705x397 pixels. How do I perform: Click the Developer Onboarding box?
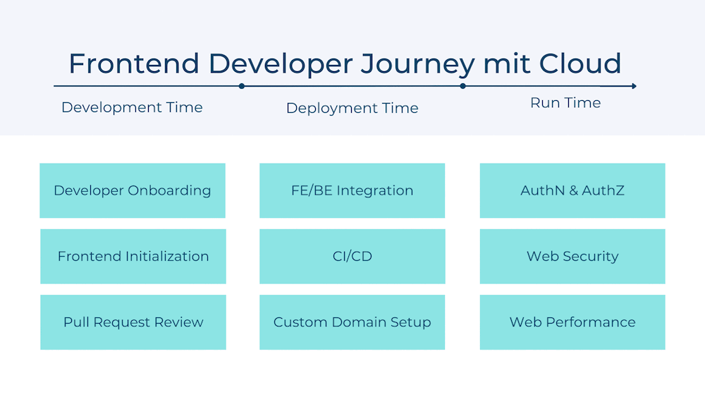pyautogui.click(x=133, y=190)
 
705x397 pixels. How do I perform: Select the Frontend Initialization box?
pyautogui.click(x=133, y=256)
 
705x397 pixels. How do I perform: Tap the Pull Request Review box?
pyautogui.click(x=133, y=322)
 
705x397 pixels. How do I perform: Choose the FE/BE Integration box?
pyautogui.click(x=352, y=190)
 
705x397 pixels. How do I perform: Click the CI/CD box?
pyautogui.click(x=352, y=256)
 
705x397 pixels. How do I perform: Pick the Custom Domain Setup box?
pyautogui.click(x=352, y=322)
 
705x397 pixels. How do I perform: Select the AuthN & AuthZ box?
pyautogui.click(x=572, y=190)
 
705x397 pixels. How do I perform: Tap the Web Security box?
pyautogui.click(x=572, y=256)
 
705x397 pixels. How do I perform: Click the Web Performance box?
pyautogui.click(x=572, y=322)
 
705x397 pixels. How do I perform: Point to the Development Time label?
pyautogui.click(x=132, y=107)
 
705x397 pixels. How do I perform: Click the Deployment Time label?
pyautogui.click(x=352, y=108)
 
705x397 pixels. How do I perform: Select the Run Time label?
pyautogui.click(x=565, y=103)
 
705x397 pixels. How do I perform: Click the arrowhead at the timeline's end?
pyautogui.click(x=634, y=86)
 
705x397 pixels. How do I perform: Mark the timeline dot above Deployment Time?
pyautogui.click(x=242, y=86)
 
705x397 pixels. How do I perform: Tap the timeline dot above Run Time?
pyautogui.click(x=463, y=86)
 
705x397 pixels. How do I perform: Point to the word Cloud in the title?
pyautogui.click(x=580, y=63)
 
